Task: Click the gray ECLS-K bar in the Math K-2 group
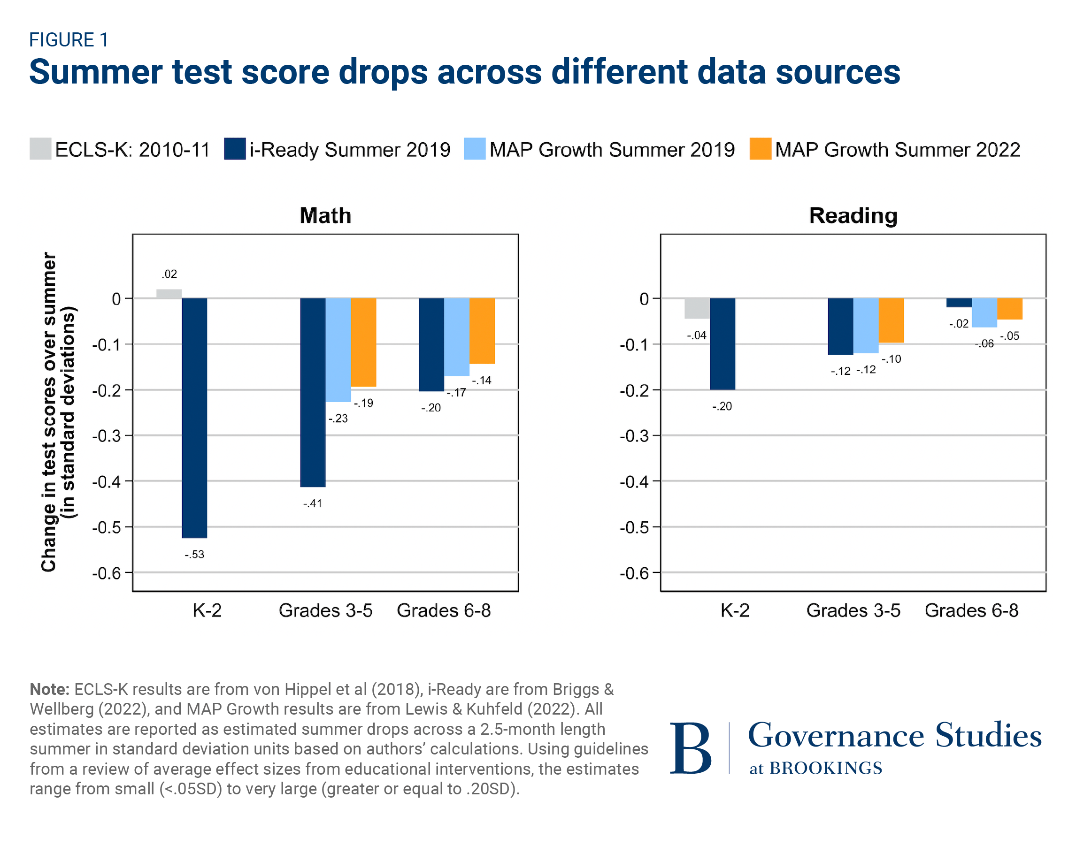[169, 294]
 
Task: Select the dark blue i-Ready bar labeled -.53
[194, 418]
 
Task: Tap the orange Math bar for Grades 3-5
[363, 342]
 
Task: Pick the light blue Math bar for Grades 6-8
[457, 337]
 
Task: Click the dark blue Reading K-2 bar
[722, 344]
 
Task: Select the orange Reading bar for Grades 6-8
[1010, 309]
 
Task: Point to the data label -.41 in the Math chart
[312, 504]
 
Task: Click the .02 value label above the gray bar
[169, 274]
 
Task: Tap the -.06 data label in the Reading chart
[984, 344]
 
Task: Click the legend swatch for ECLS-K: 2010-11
[40, 149]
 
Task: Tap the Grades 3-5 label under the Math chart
[325, 610]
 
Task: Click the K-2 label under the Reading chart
[735, 610]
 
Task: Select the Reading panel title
[853, 215]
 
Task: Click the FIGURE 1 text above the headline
[69, 40]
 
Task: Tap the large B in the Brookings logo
[690, 748]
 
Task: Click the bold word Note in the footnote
[49, 689]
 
